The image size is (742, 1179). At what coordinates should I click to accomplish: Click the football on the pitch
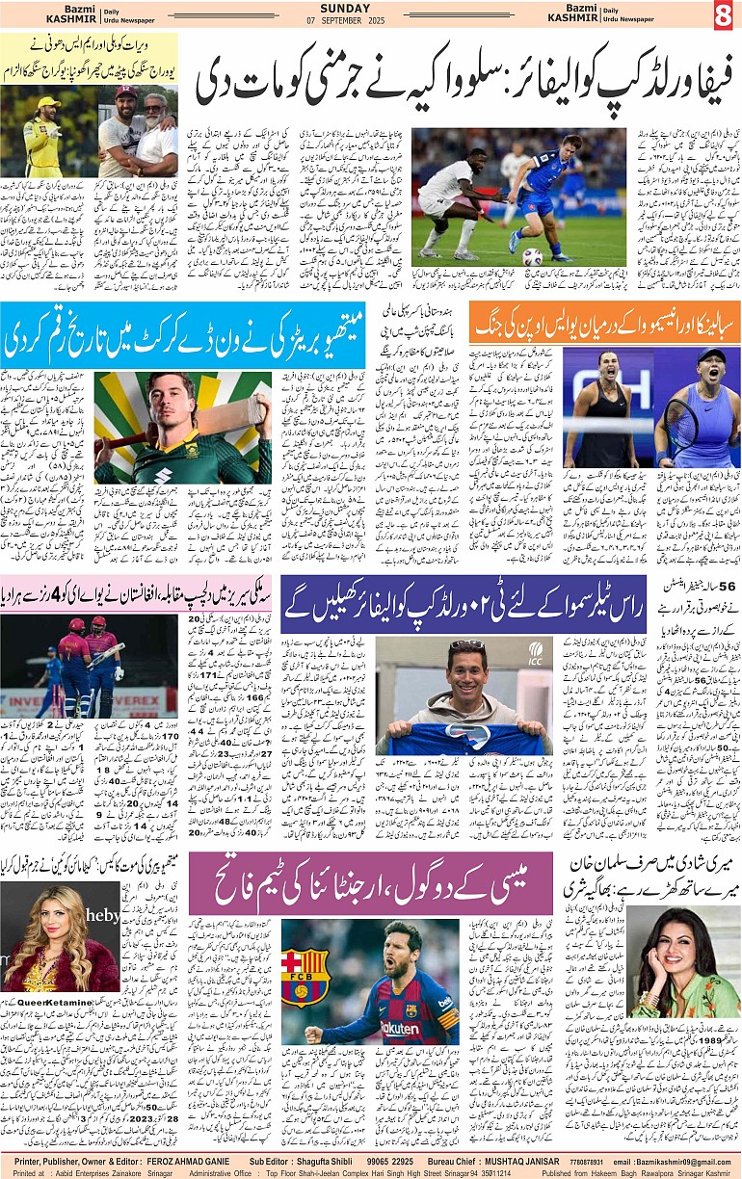[x=531, y=255]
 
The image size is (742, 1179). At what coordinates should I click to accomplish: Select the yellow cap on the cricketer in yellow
[x=45, y=102]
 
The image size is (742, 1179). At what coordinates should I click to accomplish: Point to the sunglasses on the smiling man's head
[x=467, y=644]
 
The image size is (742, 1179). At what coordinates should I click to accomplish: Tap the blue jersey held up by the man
[x=463, y=733]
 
